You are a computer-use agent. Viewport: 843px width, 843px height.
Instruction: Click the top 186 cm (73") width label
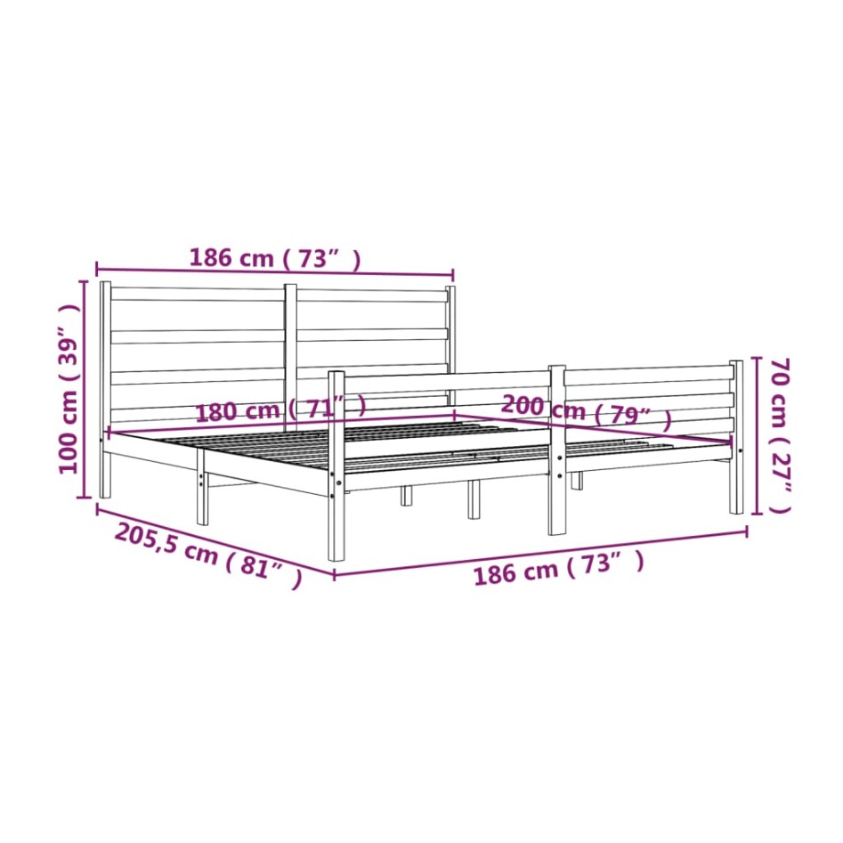pos(275,258)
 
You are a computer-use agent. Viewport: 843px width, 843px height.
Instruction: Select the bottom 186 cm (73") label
pos(558,569)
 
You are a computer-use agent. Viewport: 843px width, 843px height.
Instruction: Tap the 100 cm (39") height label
pos(69,389)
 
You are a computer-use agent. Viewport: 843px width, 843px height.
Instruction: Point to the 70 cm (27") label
pos(779,435)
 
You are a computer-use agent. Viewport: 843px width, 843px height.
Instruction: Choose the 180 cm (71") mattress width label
pos(280,410)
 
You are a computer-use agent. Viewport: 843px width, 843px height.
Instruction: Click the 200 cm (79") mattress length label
pos(586,410)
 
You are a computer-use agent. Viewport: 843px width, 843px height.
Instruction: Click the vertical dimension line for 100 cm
pos(85,389)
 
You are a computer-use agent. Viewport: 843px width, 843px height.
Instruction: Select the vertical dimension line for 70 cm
pos(757,435)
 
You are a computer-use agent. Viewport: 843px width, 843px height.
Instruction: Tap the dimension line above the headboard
pos(275,271)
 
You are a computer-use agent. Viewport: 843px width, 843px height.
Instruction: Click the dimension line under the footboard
pos(539,553)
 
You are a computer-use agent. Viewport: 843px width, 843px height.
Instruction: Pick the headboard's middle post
pos(290,356)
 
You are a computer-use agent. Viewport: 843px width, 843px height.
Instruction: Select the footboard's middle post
pos(557,450)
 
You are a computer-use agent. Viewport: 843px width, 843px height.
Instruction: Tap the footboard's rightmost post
pos(736,436)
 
